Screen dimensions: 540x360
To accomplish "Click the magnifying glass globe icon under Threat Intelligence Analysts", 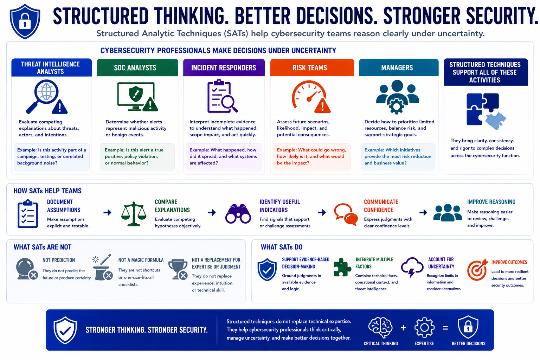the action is click(x=47, y=97).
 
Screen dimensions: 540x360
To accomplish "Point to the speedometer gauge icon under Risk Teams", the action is click(x=311, y=97).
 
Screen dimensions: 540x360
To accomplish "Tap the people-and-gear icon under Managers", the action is click(x=397, y=97).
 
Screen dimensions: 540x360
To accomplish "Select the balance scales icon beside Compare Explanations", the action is click(x=134, y=214).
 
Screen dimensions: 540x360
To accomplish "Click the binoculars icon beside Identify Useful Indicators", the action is click(x=238, y=214).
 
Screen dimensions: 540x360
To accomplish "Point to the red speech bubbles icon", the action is click(x=346, y=214).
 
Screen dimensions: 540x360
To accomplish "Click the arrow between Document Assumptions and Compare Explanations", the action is click(x=108, y=212).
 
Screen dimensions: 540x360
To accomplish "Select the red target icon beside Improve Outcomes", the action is click(x=477, y=270).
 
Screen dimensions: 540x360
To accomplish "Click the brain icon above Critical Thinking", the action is click(x=380, y=327).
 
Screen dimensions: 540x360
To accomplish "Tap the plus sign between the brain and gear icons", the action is click(x=403, y=328).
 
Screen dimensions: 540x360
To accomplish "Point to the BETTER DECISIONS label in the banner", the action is click(x=468, y=343).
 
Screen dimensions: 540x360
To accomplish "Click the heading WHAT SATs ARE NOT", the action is click(x=43, y=247).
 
